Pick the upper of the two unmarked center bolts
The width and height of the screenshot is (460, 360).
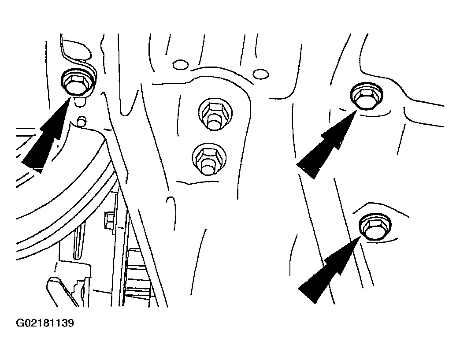click(215, 114)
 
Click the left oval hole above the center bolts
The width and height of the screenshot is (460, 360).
click(181, 64)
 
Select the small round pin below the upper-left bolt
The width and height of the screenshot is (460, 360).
click(81, 121)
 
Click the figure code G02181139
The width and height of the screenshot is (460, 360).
click(45, 323)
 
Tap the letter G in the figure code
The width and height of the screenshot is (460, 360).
click(20, 323)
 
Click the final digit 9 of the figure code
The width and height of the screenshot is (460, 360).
click(70, 323)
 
